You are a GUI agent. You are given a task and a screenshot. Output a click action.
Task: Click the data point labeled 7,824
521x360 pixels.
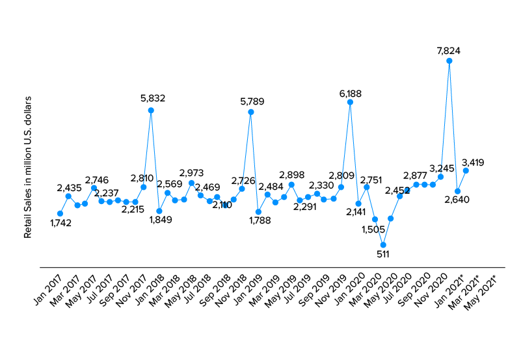pyautogui.click(x=449, y=61)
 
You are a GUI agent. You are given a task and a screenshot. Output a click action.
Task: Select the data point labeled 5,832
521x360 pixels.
pyautogui.click(x=151, y=110)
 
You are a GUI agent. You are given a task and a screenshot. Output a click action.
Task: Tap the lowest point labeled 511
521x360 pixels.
pyautogui.click(x=383, y=245)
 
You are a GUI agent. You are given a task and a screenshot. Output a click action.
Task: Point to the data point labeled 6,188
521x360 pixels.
pyautogui.click(x=350, y=102)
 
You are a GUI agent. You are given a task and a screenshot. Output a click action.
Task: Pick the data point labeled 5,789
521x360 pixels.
pyautogui.click(x=250, y=112)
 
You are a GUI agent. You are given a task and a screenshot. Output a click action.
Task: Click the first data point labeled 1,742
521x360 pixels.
pyautogui.click(x=60, y=213)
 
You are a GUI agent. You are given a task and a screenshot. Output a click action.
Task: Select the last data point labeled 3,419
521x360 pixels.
pyautogui.click(x=466, y=170)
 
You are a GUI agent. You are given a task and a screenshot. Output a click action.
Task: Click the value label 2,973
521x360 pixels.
pyautogui.click(x=191, y=172)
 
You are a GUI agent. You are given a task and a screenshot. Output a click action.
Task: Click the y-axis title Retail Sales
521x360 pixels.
pyautogui.click(x=28, y=168)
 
